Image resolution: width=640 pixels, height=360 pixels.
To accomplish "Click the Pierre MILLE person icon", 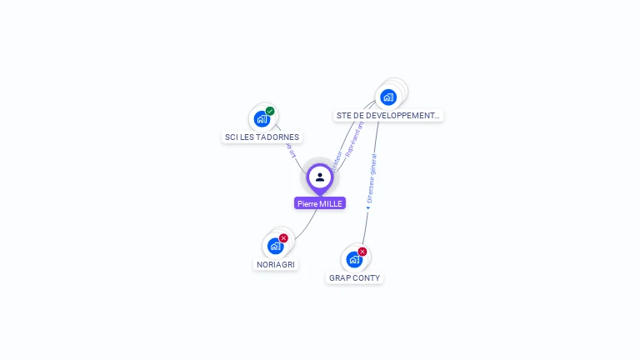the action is pos(320,177).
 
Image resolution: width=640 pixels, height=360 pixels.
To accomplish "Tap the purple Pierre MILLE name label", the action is pos(320,203).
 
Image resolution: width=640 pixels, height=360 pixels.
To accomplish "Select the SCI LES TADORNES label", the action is pos(262,137).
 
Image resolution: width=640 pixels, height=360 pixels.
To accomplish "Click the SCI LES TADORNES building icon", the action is pos(262,118).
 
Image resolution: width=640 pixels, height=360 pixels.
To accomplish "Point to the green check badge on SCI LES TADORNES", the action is pos(270,111).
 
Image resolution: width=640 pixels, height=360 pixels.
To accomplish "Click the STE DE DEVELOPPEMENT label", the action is pos(387,116).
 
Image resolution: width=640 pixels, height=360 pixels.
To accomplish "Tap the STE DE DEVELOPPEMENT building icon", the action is pos(388,97).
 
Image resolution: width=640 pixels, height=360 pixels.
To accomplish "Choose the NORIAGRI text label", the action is pos(276,264).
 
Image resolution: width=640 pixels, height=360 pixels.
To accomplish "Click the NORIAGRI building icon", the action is pos(275,246).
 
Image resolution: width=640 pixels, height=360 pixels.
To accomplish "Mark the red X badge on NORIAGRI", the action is pos(283,238).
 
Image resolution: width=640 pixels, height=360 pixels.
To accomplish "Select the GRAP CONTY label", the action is pos(354,277).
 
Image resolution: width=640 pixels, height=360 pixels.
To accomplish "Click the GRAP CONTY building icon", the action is pos(354,259).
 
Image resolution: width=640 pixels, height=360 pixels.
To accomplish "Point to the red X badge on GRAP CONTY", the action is pos(362,252).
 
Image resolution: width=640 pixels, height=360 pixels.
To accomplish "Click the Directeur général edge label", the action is pos(372,178).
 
